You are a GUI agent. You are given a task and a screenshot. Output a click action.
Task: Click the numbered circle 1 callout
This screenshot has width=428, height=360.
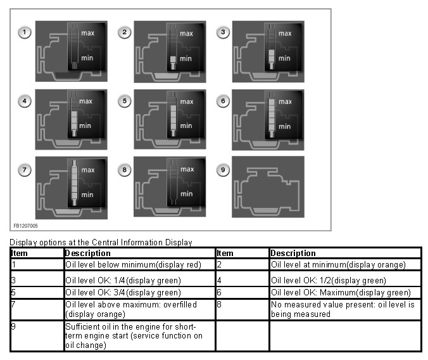(25, 32)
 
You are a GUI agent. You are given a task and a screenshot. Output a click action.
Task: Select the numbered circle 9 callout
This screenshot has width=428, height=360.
(223, 169)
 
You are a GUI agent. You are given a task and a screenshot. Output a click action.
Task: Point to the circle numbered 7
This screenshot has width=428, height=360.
(25, 169)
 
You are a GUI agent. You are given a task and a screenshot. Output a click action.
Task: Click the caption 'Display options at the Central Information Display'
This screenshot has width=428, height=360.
(101, 242)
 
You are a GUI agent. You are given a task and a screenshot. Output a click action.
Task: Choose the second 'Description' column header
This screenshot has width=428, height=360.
(293, 253)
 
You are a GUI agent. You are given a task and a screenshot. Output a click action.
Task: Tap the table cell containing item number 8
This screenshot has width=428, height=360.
(242, 309)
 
